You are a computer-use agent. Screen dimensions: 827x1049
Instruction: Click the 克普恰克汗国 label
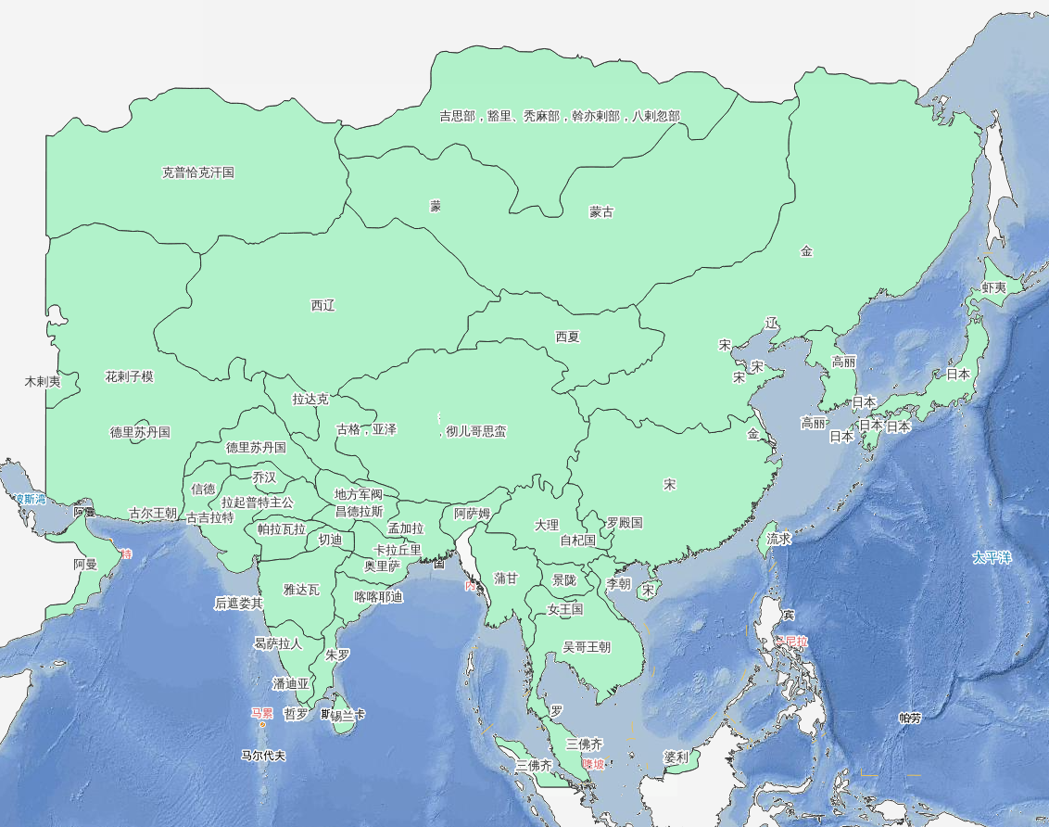(198, 172)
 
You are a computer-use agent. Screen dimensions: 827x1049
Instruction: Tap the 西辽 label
(322, 306)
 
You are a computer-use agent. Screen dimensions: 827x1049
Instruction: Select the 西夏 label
(567, 337)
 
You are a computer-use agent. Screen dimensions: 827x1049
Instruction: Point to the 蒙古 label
(601, 212)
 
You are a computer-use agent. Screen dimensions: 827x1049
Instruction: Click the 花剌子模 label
(129, 377)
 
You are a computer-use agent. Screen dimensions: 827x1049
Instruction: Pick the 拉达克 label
(310, 400)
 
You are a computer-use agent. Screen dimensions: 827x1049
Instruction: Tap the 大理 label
(547, 525)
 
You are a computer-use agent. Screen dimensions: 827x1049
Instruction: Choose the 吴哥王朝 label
(587, 647)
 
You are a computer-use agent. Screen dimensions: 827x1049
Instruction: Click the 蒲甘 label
(506, 579)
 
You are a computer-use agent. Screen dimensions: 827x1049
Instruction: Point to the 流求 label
(778, 539)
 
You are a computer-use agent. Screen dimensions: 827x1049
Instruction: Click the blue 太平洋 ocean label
(992, 558)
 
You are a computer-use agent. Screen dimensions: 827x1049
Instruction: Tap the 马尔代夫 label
(263, 756)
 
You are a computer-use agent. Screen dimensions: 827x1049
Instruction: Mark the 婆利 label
(676, 757)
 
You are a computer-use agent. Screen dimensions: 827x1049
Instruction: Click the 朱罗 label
(337, 655)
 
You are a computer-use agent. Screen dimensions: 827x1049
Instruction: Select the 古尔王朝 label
(152, 513)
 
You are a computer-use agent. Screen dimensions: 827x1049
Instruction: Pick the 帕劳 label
(910, 718)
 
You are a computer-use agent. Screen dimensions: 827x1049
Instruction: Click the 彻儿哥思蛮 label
(476, 431)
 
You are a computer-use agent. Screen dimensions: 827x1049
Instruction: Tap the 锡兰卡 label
(348, 715)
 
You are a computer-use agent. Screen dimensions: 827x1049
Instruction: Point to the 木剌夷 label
(42, 381)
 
